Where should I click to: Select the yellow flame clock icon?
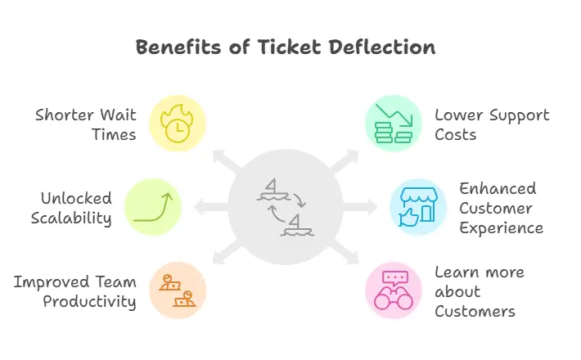(177, 123)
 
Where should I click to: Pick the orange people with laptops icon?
(178, 290)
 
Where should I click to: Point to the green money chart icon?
(392, 123)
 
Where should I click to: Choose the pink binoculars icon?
(394, 290)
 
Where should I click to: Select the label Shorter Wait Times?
(86, 124)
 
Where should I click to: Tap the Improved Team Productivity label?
(74, 291)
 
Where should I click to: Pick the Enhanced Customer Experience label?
(501, 208)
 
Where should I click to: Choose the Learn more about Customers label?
(480, 291)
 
